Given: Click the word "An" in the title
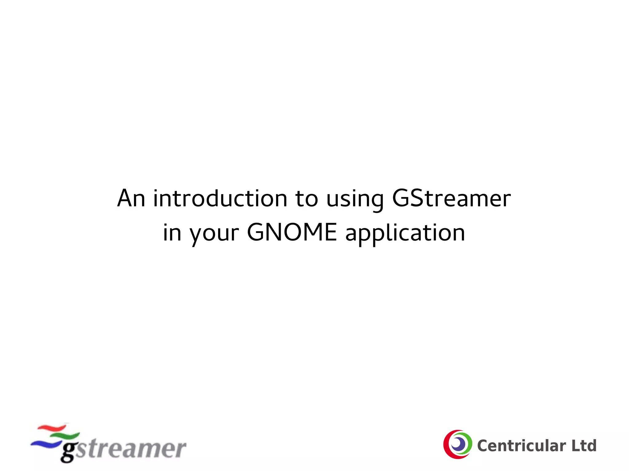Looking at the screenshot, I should click(131, 198).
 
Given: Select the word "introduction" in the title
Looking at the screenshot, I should click(220, 198).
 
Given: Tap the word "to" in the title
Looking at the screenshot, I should click(307, 199).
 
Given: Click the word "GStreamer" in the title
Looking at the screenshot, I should click(451, 198).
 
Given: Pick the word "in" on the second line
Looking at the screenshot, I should click(172, 233).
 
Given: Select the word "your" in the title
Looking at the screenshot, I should click(214, 234).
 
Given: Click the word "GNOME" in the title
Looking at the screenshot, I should click(292, 232).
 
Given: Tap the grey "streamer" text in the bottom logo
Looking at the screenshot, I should click(131, 449).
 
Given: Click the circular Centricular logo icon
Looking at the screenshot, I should click(458, 444).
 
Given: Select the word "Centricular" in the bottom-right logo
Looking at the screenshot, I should click(521, 446).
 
